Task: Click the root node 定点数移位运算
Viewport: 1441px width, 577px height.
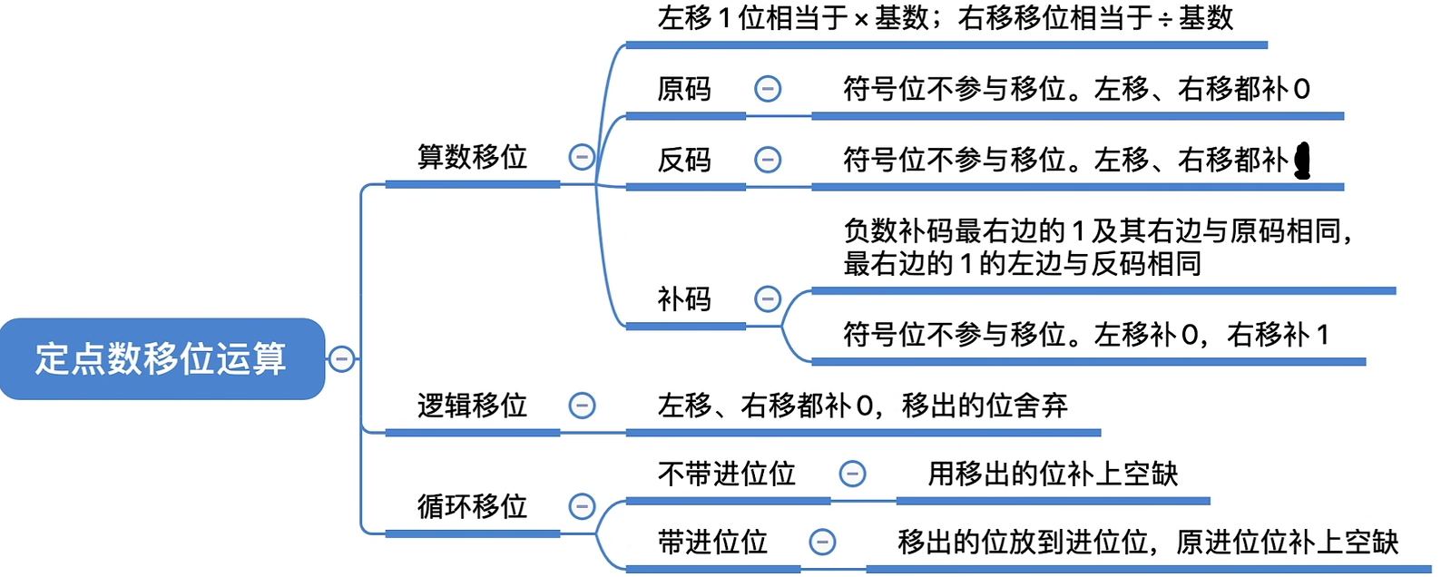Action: point(162,359)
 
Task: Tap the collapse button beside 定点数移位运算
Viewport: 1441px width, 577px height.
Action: point(341,359)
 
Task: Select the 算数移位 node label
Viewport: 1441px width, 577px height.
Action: point(472,157)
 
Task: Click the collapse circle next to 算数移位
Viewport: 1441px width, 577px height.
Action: point(582,157)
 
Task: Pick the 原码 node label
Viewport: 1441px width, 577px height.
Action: point(684,89)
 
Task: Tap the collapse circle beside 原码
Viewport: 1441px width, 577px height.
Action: point(768,89)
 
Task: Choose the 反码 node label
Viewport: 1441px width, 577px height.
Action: point(684,160)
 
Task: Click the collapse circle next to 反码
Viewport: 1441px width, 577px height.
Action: point(768,160)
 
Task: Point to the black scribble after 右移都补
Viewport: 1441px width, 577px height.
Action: point(1303,161)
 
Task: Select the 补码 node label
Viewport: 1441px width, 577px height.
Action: point(684,298)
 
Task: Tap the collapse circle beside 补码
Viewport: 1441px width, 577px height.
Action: point(768,298)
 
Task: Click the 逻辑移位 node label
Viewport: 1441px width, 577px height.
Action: point(472,406)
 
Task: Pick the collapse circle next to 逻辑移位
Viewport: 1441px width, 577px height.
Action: point(582,406)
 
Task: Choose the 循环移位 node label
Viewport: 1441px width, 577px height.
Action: point(472,506)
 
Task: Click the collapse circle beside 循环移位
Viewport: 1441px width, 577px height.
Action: point(582,506)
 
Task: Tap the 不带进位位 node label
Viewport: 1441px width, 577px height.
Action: point(726,474)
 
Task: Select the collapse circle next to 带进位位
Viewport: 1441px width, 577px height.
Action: point(822,543)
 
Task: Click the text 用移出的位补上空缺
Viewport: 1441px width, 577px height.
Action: point(1053,474)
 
